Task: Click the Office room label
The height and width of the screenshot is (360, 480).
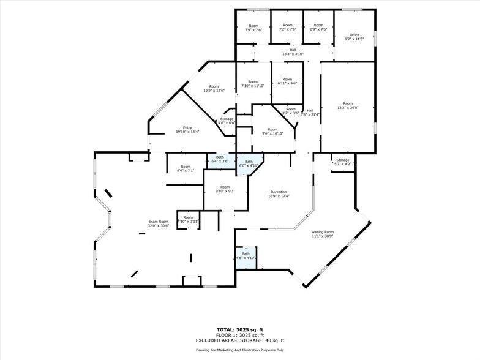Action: tap(355, 37)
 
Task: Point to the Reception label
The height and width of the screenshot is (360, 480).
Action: tap(279, 194)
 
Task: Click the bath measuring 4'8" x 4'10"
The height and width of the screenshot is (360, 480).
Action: tap(246, 256)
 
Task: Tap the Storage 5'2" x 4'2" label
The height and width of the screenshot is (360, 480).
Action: tap(342, 162)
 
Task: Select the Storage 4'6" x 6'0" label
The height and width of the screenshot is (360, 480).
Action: tap(227, 121)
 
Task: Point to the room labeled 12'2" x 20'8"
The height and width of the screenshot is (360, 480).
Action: tap(348, 106)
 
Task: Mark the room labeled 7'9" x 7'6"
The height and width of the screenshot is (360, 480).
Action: tap(253, 28)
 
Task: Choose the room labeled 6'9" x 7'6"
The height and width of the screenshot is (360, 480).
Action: tap(319, 27)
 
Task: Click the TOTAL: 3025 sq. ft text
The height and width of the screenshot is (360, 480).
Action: tap(239, 329)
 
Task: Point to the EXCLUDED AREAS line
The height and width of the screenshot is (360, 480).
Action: tap(239, 340)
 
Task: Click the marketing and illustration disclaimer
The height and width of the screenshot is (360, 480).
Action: tap(239, 350)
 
